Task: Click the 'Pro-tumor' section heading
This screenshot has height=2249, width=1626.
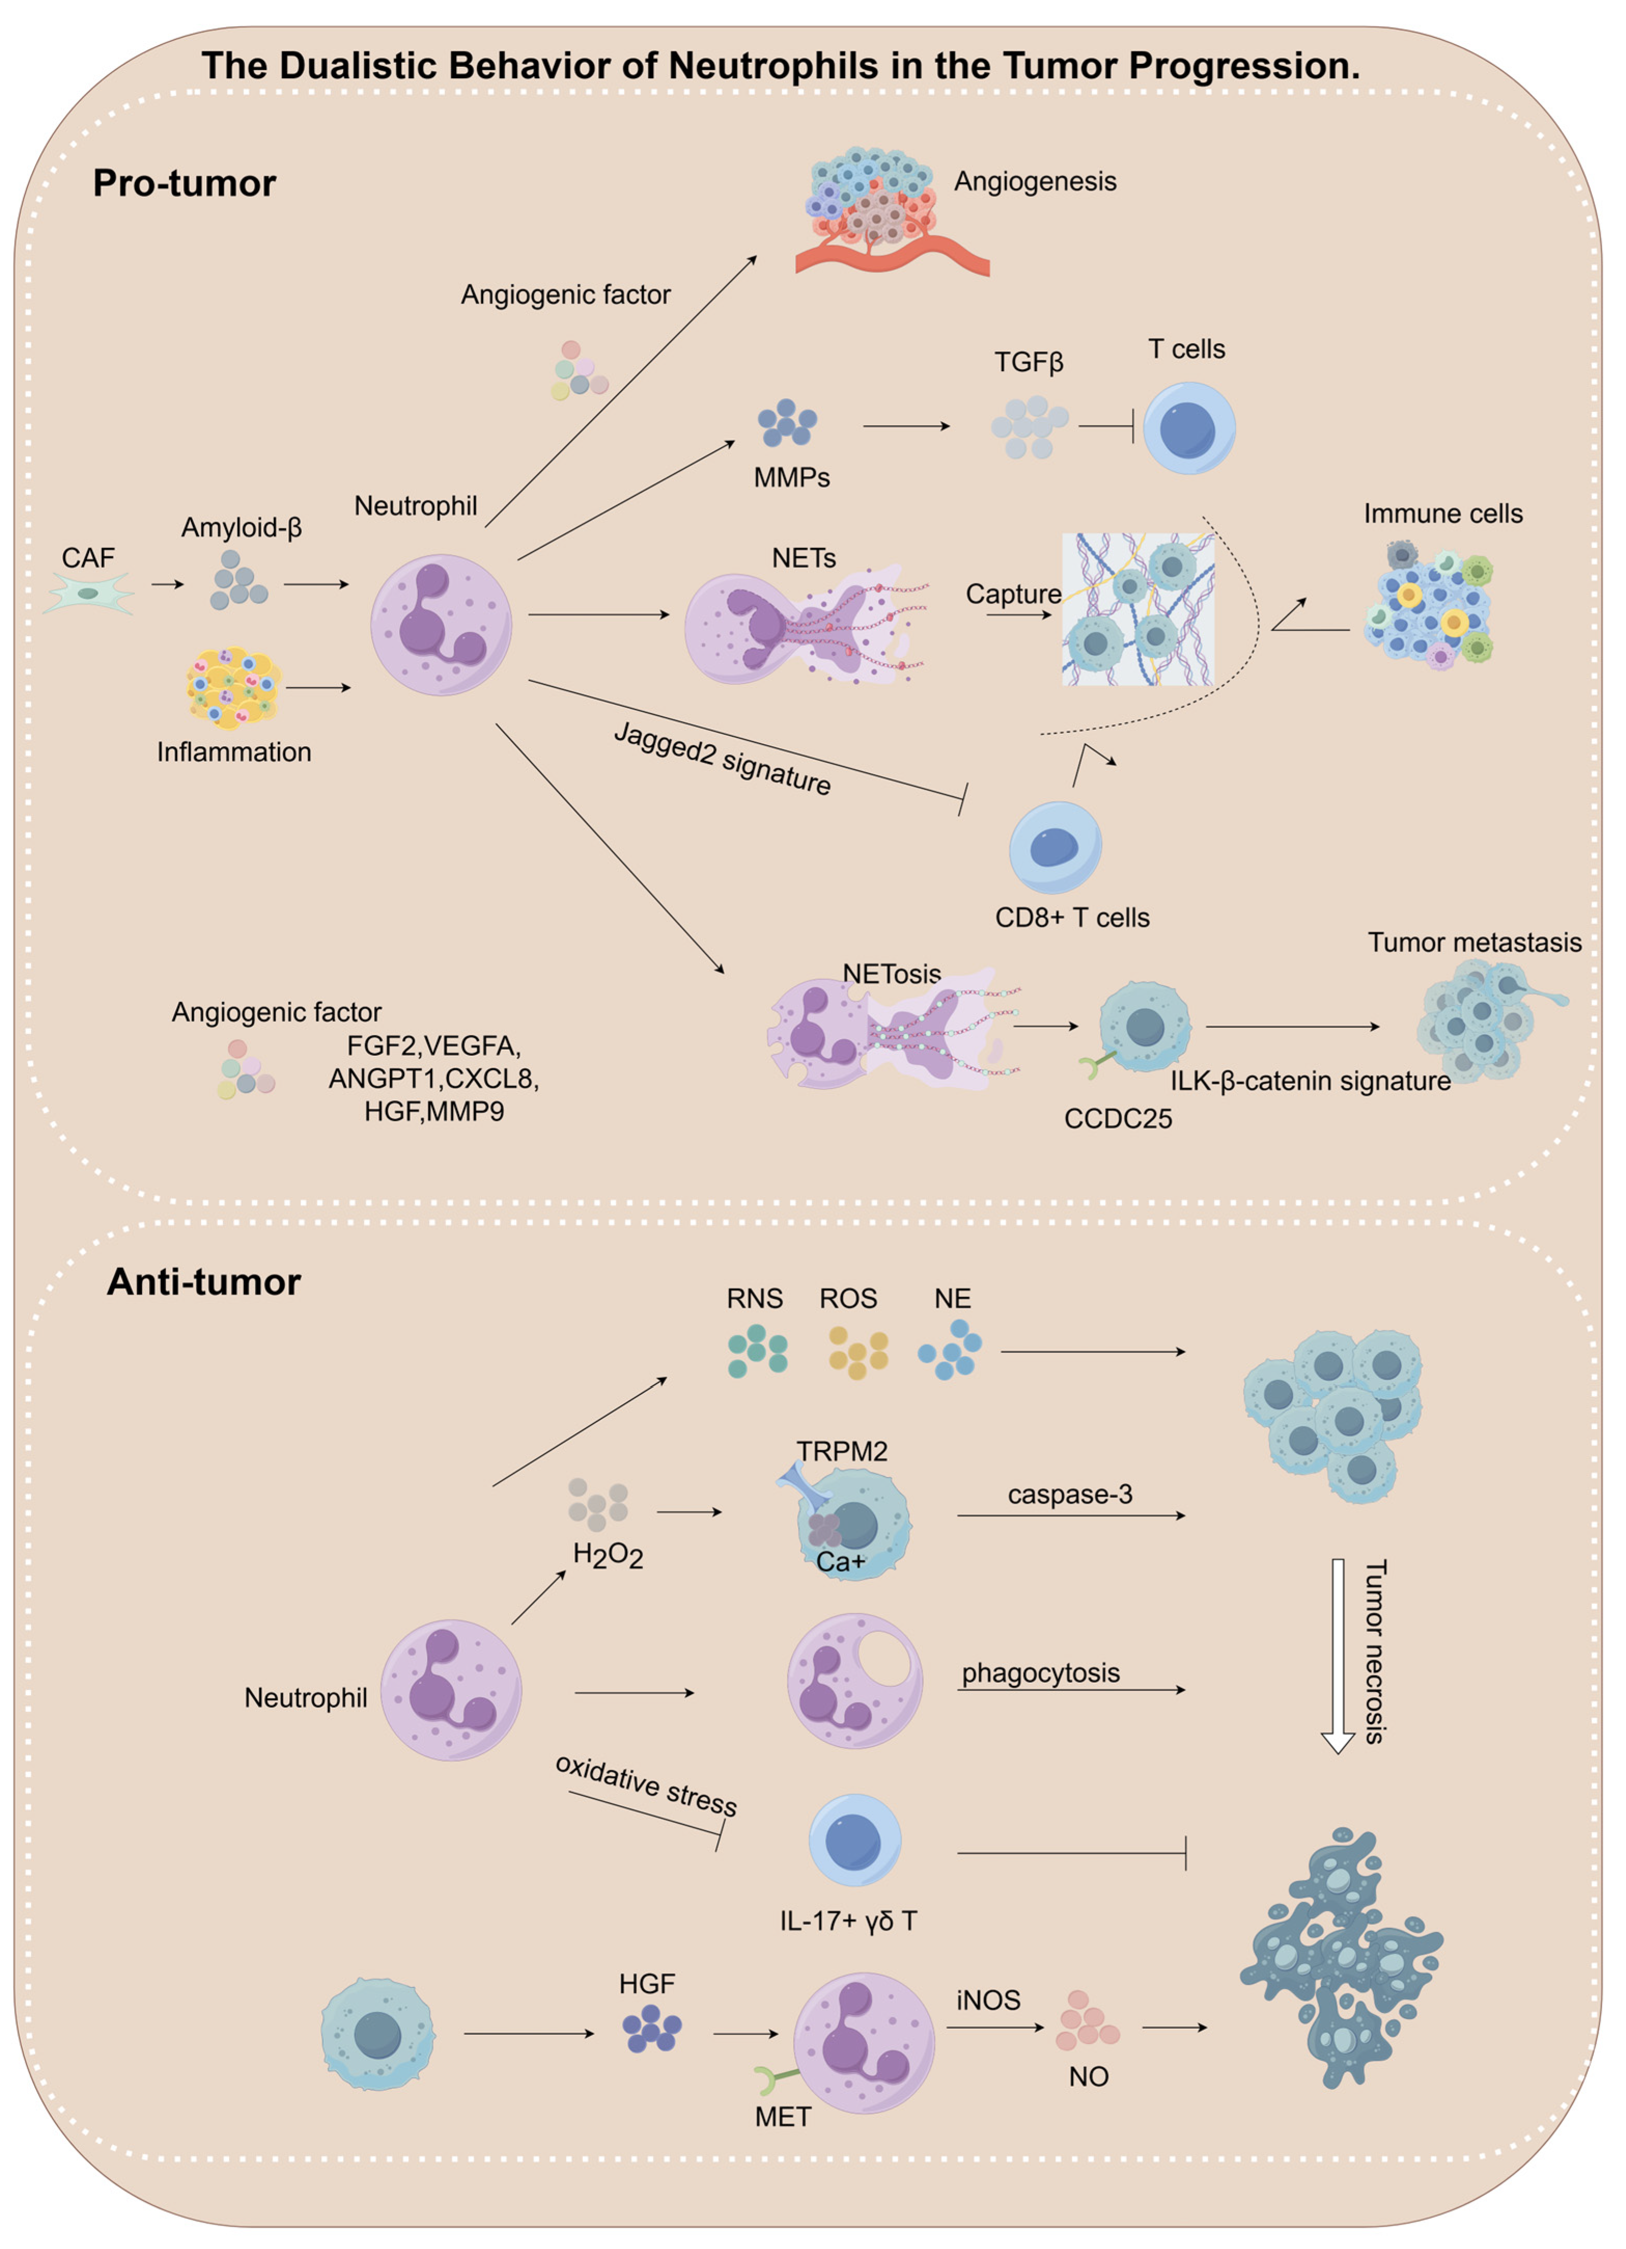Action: coord(185,184)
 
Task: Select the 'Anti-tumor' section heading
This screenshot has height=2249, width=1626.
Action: coord(203,1282)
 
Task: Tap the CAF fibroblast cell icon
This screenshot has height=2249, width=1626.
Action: coord(88,594)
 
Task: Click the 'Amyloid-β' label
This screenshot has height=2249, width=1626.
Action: coord(241,527)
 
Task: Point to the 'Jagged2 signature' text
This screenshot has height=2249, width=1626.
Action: coord(722,759)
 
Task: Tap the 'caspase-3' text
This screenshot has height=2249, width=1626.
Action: coord(1070,1494)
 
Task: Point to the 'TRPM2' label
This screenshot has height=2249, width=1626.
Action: coord(842,1452)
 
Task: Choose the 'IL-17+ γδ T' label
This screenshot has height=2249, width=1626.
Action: coord(847,1921)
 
